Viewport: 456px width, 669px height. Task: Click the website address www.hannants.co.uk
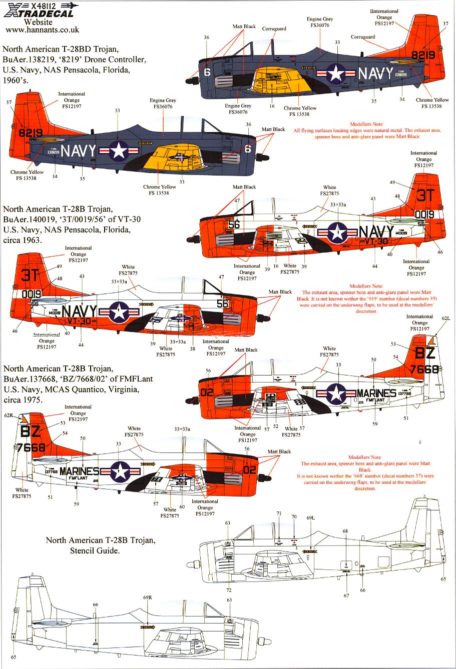tap(43, 30)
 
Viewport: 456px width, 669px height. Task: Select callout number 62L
tap(445, 332)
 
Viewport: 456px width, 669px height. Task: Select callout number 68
tap(345, 531)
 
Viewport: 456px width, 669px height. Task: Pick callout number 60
tap(182, 507)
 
